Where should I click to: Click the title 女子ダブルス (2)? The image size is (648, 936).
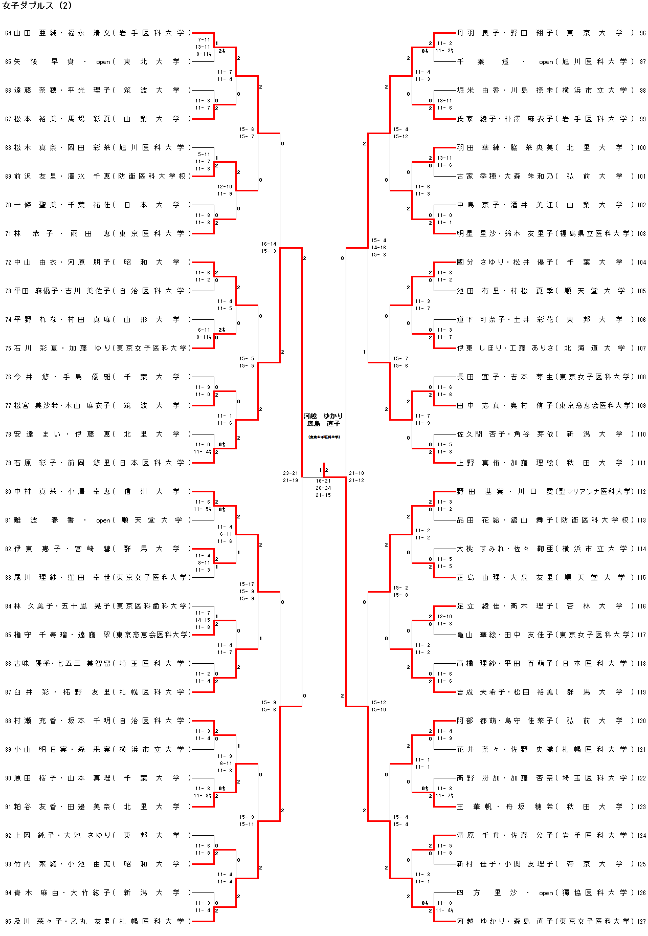[37, 6]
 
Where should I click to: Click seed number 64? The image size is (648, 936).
[8, 33]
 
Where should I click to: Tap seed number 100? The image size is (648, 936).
[641, 148]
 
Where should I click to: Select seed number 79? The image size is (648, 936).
[8, 463]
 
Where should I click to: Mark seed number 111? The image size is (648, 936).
[641, 463]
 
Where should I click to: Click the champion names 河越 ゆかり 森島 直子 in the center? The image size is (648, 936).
[323, 420]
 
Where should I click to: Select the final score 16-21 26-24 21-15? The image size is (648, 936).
[323, 488]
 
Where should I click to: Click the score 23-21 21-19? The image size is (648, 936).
[291, 477]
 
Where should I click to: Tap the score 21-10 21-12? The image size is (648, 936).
[356, 477]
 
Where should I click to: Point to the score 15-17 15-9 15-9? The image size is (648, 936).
[247, 591]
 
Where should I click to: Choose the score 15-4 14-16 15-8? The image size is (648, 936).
[379, 247]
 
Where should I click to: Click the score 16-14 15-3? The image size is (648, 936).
[269, 248]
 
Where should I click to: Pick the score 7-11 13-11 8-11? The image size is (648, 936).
[204, 47]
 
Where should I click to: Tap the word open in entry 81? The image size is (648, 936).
[103, 520]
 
